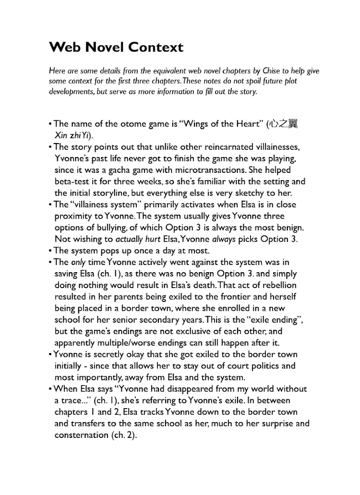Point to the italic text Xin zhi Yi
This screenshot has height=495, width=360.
pos(72,135)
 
